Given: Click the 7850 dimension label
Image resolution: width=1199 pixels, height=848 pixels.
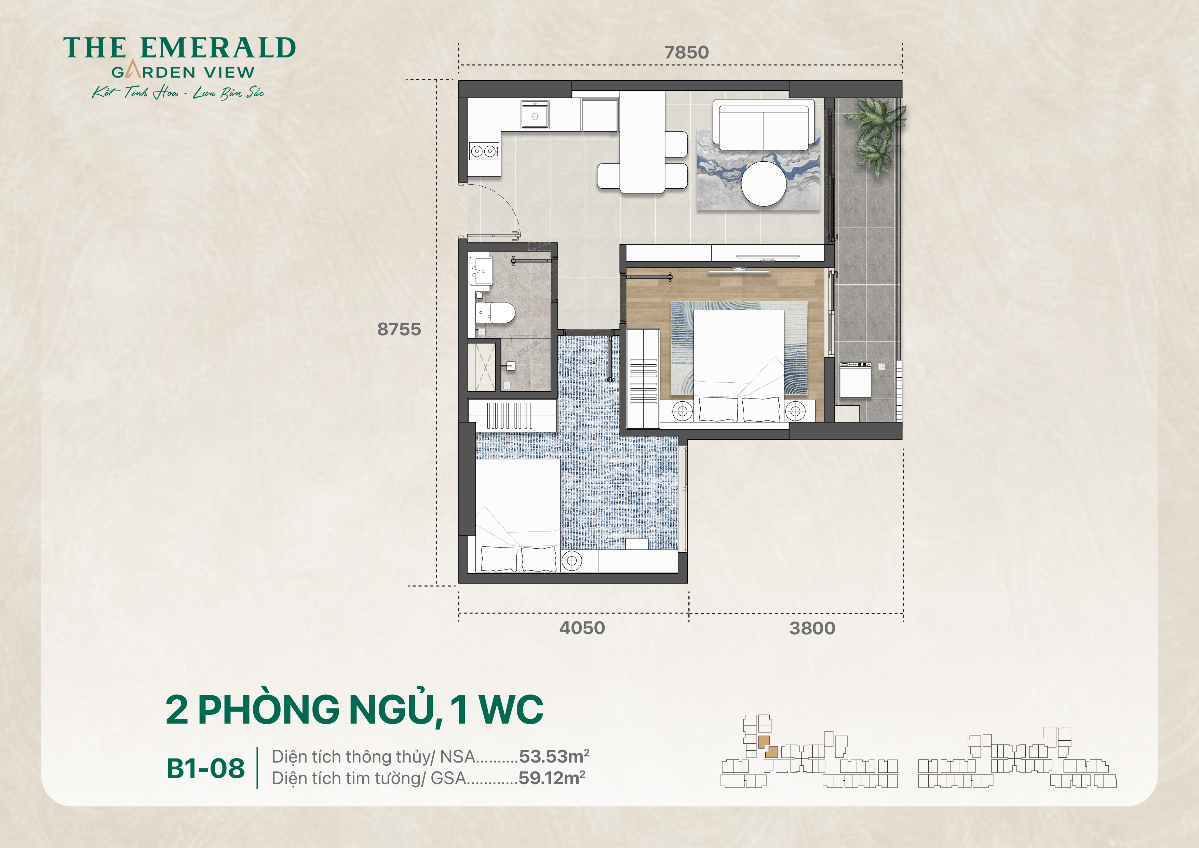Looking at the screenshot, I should point(686,52).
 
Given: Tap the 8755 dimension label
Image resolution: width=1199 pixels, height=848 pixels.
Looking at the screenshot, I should point(399,329).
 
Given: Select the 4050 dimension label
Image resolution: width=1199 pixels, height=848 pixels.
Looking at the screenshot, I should point(582,628).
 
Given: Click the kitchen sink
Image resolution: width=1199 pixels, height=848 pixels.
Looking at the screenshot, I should point(535,116).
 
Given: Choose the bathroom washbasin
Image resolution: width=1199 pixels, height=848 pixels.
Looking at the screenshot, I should point(481,270).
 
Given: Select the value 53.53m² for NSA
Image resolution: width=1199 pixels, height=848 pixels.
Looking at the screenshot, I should point(554,756).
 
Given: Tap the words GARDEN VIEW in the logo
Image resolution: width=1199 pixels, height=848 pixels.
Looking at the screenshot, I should point(183,72).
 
